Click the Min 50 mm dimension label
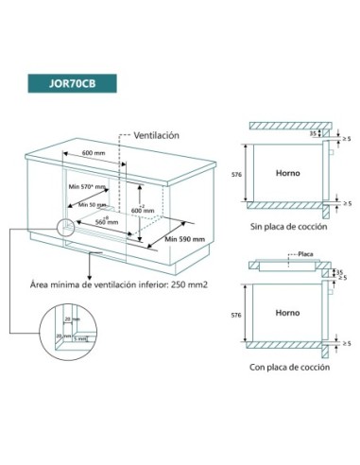click(x=91, y=204)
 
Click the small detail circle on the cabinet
click(x=63, y=229)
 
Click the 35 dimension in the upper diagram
click(x=313, y=134)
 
